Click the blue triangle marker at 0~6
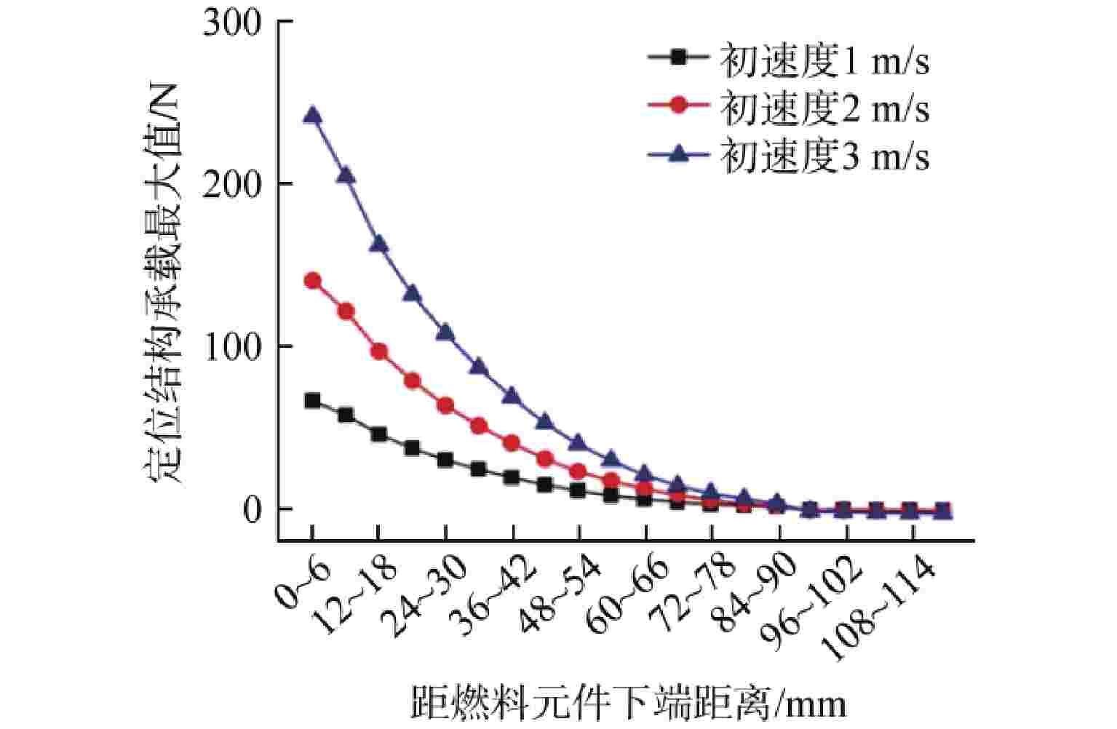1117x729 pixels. pos(312,115)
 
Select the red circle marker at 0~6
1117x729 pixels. pos(312,281)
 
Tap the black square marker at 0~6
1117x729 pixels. pos(312,401)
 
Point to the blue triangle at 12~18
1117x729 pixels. pos(379,244)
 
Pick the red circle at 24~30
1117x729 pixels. pos(445,405)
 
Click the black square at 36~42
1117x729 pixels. pos(512,478)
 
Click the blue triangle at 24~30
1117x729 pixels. pos(445,332)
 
